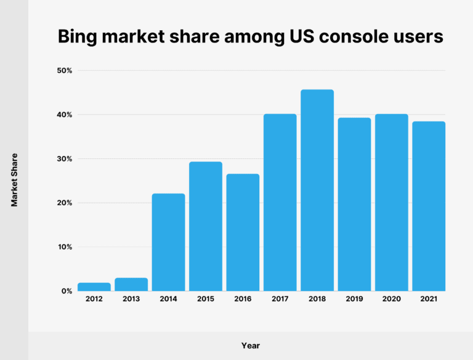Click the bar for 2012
coord(94,287)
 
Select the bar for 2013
coord(131,284)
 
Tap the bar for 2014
coord(168,242)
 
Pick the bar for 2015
coord(206,226)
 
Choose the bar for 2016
coord(243,232)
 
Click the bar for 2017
coord(280,202)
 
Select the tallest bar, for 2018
coord(317,190)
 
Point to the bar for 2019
coord(354,204)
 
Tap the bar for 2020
coord(392,202)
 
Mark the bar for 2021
coord(429,206)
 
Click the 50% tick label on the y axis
coord(65,71)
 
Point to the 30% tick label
coord(65,159)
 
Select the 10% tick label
coord(65,247)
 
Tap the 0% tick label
coord(67,291)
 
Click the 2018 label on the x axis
coord(317,299)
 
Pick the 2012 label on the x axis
coord(94,299)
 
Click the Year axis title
coord(251,346)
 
